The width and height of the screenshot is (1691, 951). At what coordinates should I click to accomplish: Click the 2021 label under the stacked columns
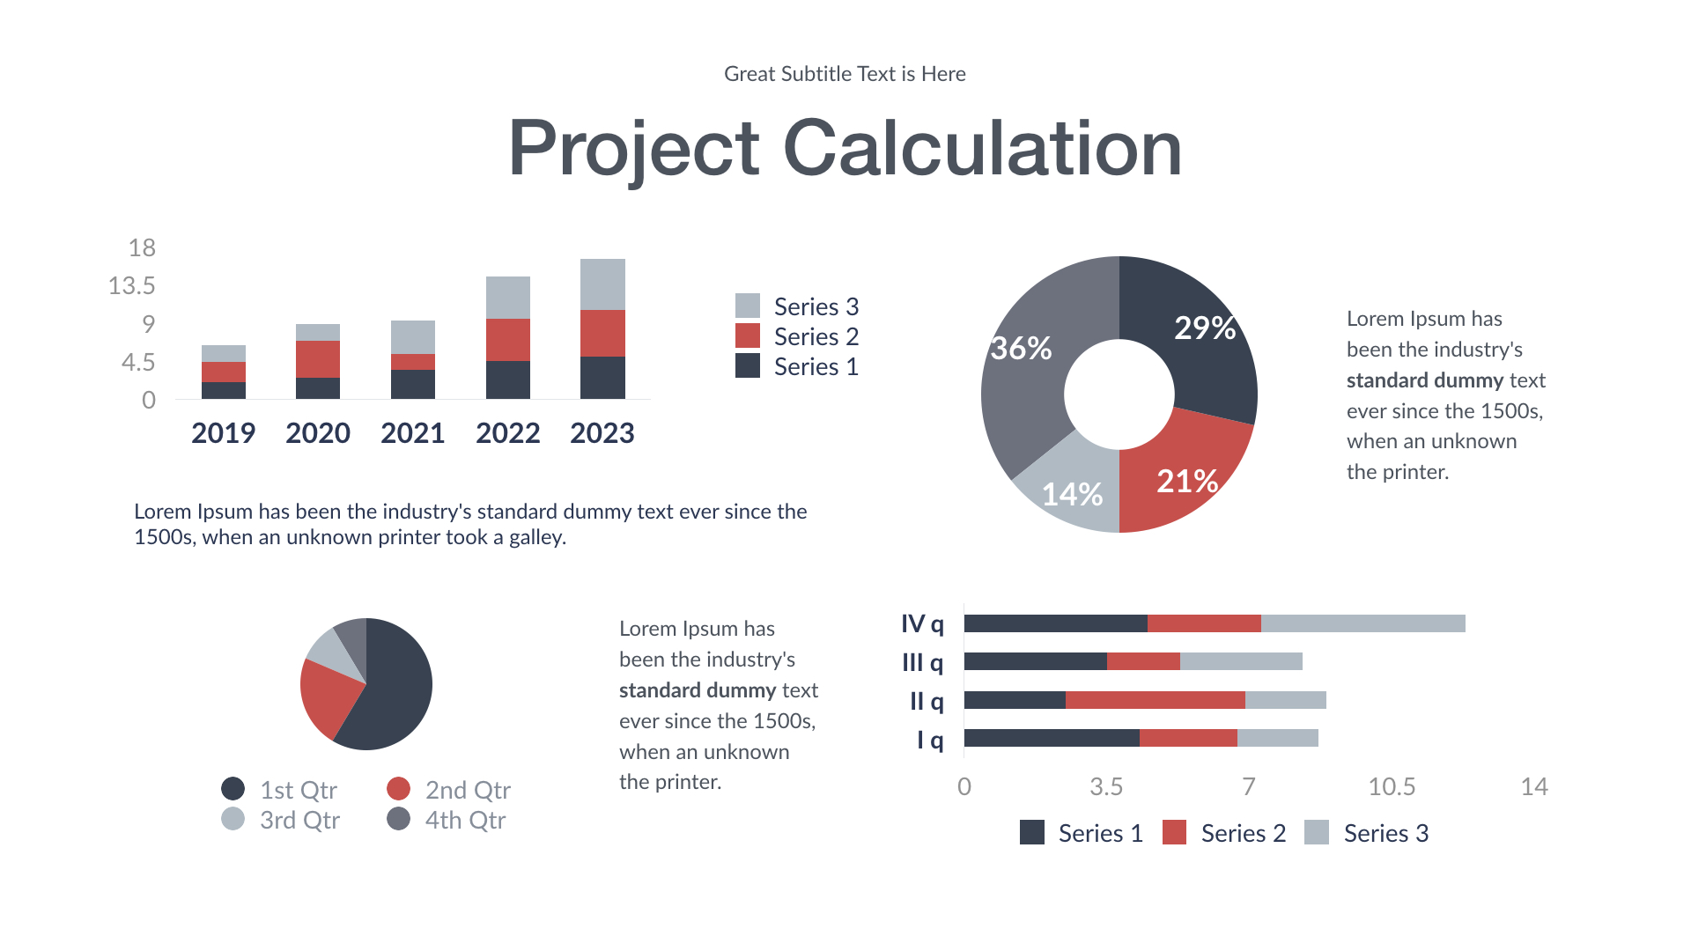click(x=412, y=433)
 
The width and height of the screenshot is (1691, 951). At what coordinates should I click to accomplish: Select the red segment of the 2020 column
click(x=318, y=358)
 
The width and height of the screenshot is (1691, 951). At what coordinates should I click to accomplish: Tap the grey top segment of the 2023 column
click(x=602, y=284)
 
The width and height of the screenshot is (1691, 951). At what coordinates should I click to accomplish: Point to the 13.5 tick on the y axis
click(x=131, y=286)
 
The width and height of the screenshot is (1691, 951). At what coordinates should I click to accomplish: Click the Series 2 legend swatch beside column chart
click(x=748, y=336)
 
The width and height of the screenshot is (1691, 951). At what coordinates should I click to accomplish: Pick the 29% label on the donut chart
click(x=1204, y=328)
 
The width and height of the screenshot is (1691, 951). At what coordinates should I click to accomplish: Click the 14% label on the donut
click(x=1072, y=494)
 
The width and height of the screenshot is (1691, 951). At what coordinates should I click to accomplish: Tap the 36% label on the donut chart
click(x=1021, y=349)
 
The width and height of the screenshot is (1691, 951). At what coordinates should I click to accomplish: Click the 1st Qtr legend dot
click(x=233, y=789)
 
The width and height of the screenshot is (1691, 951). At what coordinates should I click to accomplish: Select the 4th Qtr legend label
click(x=465, y=820)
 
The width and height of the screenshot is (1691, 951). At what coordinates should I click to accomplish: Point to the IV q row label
click(x=922, y=624)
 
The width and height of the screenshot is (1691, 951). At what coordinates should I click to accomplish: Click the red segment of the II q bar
click(x=1155, y=700)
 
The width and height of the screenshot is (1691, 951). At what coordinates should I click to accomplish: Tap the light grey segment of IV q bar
click(x=1362, y=623)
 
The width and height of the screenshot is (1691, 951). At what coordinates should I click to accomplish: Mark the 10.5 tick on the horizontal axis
click(x=1392, y=786)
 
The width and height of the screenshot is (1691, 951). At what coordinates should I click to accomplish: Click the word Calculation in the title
click(x=982, y=149)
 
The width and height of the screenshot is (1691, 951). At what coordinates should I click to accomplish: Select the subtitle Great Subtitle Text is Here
click(x=845, y=74)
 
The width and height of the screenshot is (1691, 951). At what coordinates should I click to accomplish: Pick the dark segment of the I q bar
click(x=1052, y=738)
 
